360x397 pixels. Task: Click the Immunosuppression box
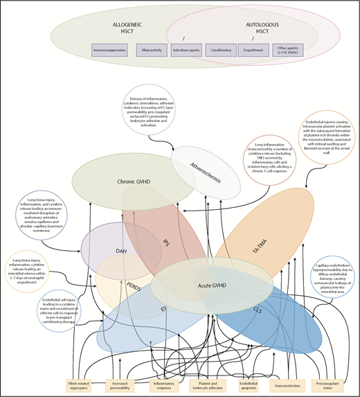110,51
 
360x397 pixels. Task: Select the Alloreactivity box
152,51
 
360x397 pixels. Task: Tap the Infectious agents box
190,51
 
